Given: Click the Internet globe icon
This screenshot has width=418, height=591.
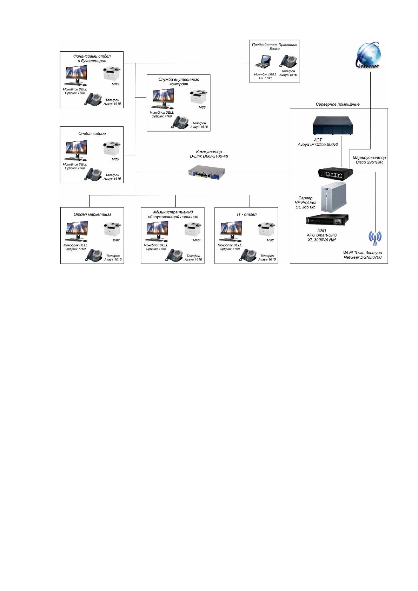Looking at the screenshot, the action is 369,55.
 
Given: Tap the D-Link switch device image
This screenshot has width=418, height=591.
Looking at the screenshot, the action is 207,172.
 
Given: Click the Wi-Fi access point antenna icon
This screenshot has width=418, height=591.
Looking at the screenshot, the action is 375,238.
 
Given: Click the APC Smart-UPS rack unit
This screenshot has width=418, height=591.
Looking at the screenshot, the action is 327,219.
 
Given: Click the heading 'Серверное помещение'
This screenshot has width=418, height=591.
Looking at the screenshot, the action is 338,104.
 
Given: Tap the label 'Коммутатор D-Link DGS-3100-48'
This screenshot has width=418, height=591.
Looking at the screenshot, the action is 209,154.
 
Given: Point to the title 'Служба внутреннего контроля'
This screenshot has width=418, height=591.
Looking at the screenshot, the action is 179,81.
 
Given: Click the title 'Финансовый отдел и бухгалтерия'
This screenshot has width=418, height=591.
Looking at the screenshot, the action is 92,58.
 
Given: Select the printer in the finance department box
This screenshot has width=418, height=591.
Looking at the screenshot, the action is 111,73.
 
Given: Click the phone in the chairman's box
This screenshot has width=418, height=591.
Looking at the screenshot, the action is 288,61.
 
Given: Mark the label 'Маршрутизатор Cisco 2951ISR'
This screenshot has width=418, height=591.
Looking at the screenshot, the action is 369,160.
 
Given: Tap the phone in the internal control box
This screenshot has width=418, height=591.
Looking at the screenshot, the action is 180,122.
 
